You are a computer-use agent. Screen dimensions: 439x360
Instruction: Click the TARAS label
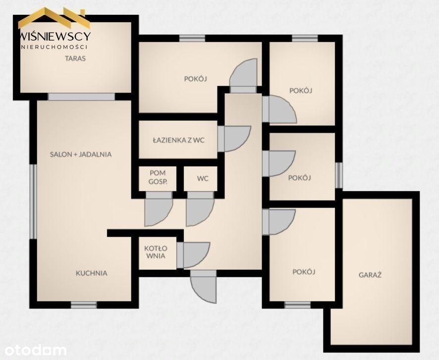click(75, 58)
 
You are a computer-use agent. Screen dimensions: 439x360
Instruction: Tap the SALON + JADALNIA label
click(81, 154)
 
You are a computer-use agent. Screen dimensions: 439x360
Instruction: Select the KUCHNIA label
click(92, 273)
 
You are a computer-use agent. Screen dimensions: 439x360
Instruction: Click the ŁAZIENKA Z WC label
click(179, 140)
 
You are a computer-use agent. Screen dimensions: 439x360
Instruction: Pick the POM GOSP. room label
click(158, 177)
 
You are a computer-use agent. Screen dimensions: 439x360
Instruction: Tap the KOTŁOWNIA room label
click(156, 252)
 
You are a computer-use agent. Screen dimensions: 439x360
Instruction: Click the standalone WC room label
click(203, 178)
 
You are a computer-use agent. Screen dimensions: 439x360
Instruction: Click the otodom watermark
click(36, 350)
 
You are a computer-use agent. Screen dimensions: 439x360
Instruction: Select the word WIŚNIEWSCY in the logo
click(55, 36)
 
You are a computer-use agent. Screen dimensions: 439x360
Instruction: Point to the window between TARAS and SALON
click(81, 97)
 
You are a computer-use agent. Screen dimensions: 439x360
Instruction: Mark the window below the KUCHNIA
click(84, 305)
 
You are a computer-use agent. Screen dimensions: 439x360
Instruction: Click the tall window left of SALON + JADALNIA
click(33, 202)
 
